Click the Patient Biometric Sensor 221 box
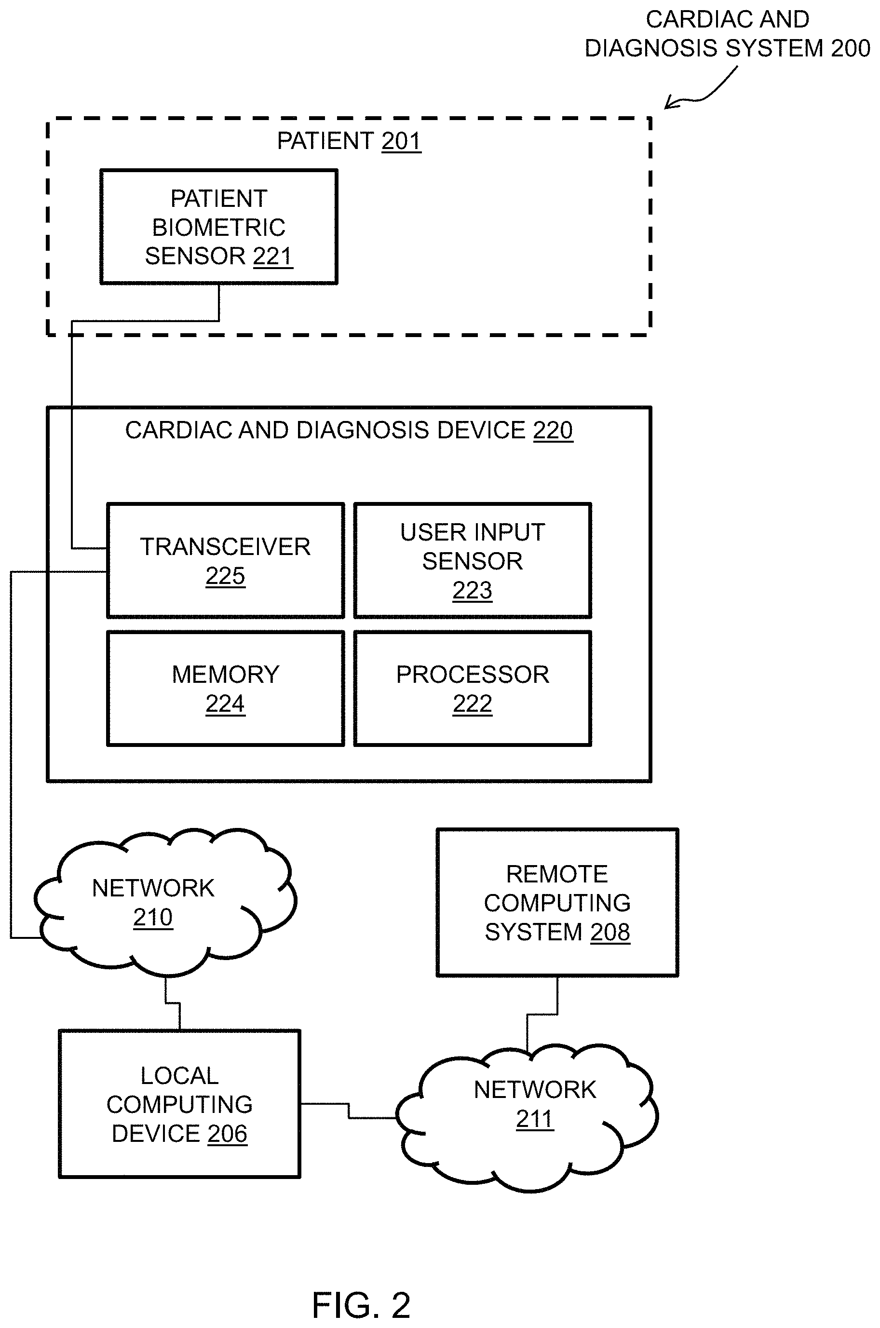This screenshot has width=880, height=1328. (x=219, y=227)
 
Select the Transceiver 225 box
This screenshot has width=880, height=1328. (x=226, y=561)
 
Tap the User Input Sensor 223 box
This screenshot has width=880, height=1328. (x=473, y=561)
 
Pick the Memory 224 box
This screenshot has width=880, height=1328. (x=226, y=689)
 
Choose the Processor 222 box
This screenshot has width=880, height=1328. (x=473, y=689)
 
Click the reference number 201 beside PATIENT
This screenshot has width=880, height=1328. (x=401, y=141)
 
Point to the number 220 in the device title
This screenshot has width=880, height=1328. (x=553, y=431)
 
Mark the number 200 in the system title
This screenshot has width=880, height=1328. (x=851, y=48)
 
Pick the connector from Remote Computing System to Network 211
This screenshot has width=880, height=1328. (x=542, y=1015)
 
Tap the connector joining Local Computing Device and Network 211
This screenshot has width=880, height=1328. (x=349, y=1111)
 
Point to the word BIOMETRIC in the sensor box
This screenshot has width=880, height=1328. (x=219, y=227)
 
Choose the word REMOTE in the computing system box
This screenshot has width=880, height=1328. (x=557, y=874)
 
